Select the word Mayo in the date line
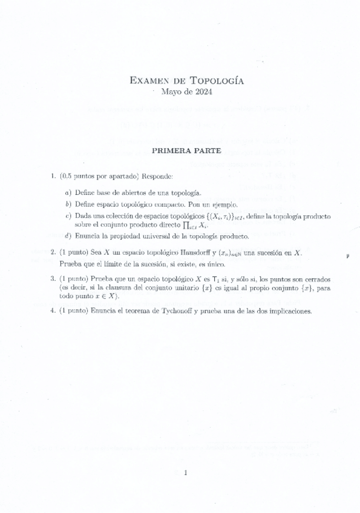click(x=171, y=92)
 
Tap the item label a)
click(x=68, y=192)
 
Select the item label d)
click(x=68, y=235)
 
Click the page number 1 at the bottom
click(x=185, y=473)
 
